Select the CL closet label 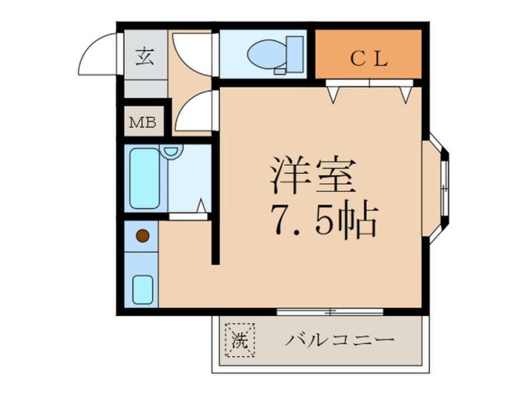click(x=368, y=59)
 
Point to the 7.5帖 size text click(x=323, y=219)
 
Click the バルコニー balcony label click(x=341, y=341)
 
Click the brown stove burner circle click(x=143, y=236)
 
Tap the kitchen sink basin click(x=143, y=288)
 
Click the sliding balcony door click(x=330, y=311)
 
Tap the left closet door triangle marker click(x=333, y=94)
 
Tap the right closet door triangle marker click(x=406, y=94)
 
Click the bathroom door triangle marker click(x=202, y=206)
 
